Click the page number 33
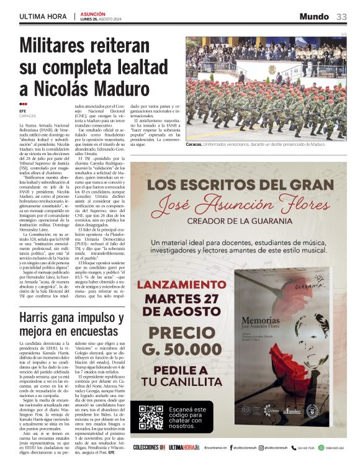[341, 16]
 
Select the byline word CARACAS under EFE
[28, 116]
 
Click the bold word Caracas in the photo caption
[196, 144]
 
